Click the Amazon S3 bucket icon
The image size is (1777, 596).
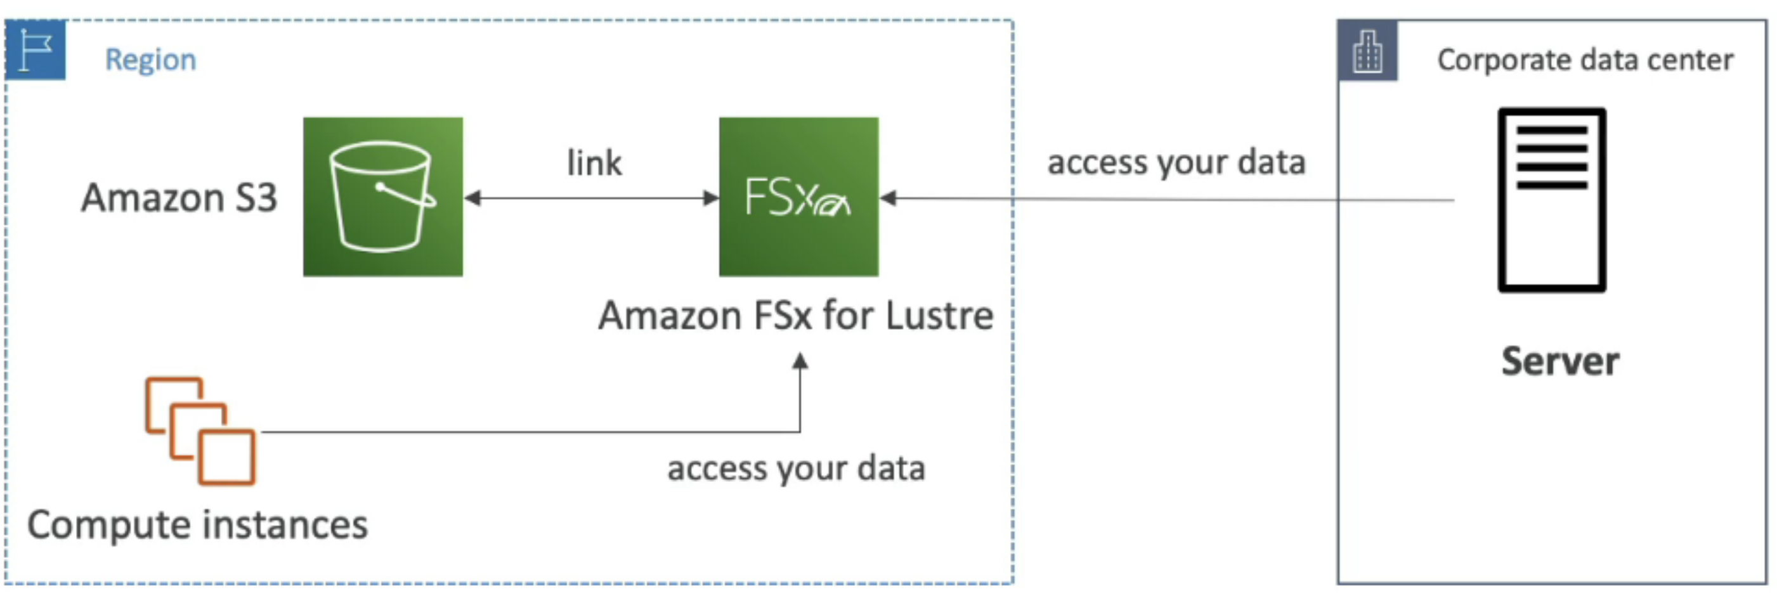click(x=383, y=197)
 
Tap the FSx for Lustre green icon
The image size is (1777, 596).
click(x=798, y=197)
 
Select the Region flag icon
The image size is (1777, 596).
click(x=35, y=49)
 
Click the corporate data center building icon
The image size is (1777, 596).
click(x=1367, y=51)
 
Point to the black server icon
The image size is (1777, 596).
click(x=1551, y=200)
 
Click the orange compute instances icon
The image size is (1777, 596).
click(x=200, y=431)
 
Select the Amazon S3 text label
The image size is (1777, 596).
click(x=179, y=198)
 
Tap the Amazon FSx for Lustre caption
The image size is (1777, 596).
click(x=795, y=316)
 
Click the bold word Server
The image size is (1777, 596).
click(x=1559, y=361)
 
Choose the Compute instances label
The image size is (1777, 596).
click(x=197, y=525)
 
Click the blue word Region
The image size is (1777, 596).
click(x=150, y=60)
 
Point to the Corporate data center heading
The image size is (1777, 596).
click(x=1585, y=60)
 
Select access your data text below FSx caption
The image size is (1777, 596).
click(x=795, y=469)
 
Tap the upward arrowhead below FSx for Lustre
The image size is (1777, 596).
click(x=800, y=361)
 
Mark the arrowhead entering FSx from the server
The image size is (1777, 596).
click(x=889, y=198)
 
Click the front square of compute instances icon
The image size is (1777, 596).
click(x=227, y=457)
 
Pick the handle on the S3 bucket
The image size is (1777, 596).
click(x=407, y=196)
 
